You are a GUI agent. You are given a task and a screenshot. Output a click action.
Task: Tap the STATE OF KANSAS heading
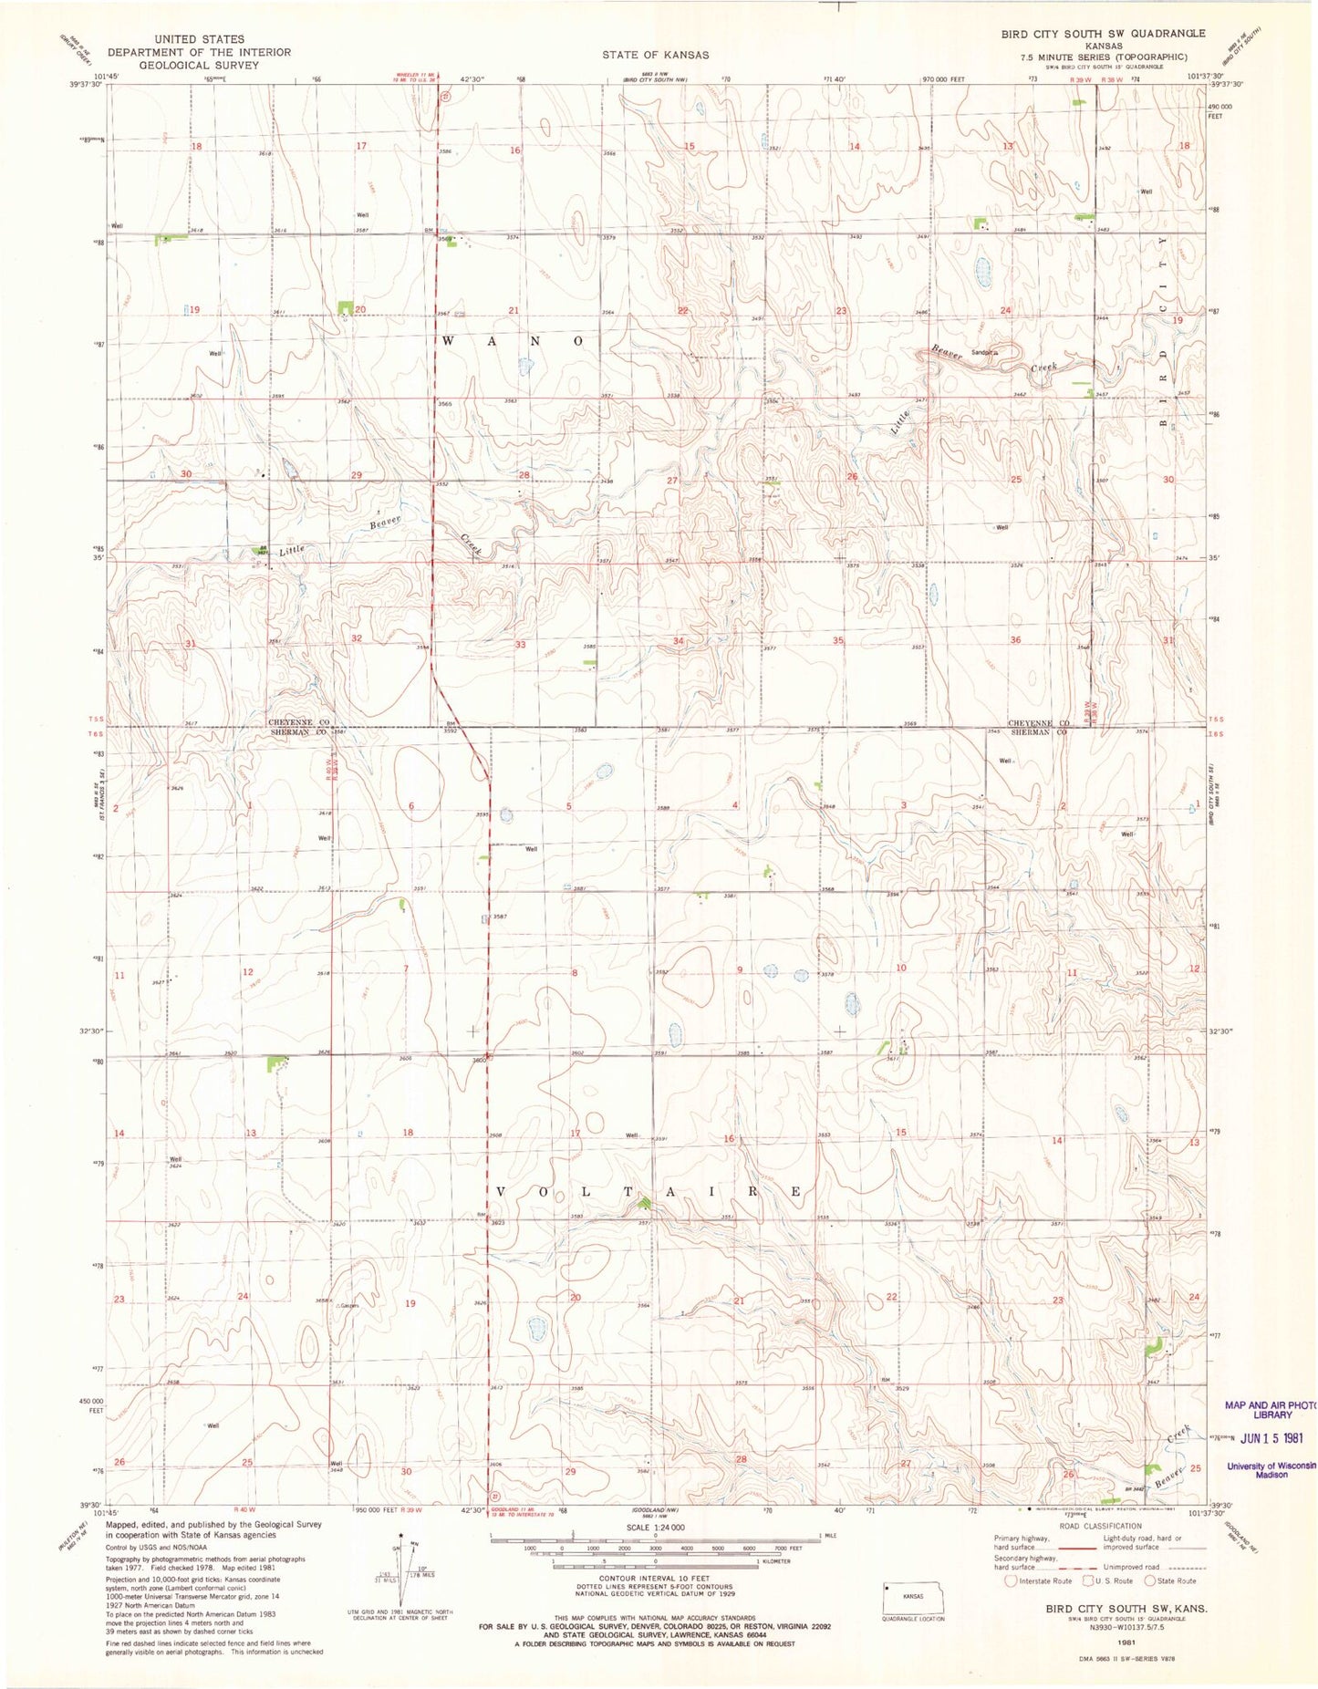coord(655,56)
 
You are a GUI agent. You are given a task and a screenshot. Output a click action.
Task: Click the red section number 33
coord(521,645)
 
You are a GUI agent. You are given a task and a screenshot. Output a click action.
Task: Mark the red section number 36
coord(1015,640)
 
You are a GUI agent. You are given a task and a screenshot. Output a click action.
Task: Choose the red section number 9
coord(740,969)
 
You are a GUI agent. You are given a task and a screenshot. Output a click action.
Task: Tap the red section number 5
coord(569,806)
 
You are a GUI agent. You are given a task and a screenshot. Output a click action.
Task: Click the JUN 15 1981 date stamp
coord(1271,1437)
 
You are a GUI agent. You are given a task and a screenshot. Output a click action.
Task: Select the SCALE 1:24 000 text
coord(654,1527)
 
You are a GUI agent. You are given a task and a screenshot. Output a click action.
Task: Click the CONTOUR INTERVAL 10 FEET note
coord(654,1578)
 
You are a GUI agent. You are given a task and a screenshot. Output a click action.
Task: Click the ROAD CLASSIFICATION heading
coord(1100,1526)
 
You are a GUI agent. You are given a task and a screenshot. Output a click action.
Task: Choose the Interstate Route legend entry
coord(1039,1580)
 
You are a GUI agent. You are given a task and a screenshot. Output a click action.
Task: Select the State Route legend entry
coord(1171,1580)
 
